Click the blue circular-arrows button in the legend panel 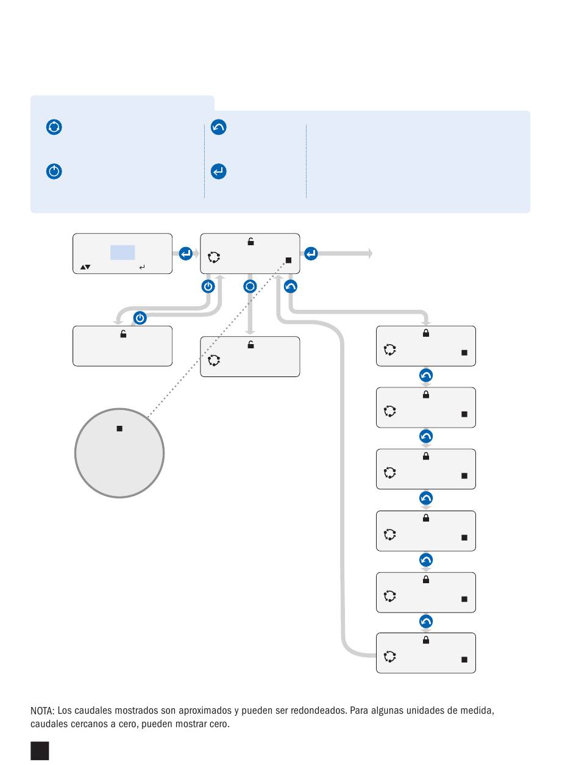point(54,127)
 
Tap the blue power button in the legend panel point(54,171)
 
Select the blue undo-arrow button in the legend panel point(219,127)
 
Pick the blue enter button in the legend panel point(219,171)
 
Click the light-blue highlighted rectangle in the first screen point(123,253)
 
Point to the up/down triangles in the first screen point(85,267)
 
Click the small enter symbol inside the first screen point(142,267)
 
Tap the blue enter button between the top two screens point(185,253)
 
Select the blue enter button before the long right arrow point(311,253)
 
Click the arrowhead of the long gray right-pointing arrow point(371,253)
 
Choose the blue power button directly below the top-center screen point(208,287)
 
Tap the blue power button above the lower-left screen point(140,318)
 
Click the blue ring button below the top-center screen point(250,287)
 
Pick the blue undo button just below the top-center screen point(291,287)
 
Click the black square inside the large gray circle point(119,428)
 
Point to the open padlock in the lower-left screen point(123,334)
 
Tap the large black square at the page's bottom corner point(40,751)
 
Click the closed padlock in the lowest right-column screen point(426,639)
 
